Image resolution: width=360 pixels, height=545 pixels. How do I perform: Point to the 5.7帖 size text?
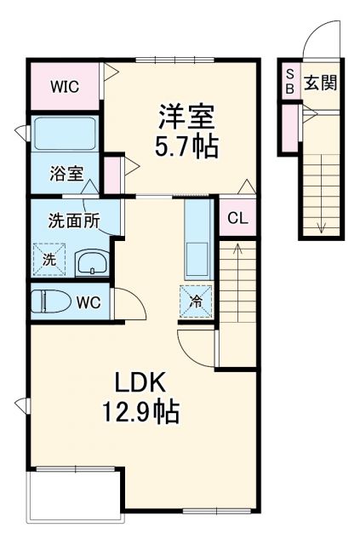click(186, 146)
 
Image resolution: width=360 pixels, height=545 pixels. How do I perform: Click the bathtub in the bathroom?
click(66, 134)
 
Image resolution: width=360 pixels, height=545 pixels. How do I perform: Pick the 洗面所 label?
click(73, 220)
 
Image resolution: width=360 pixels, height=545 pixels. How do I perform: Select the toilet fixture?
click(51, 301)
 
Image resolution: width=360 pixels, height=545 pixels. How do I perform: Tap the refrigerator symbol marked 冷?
click(196, 299)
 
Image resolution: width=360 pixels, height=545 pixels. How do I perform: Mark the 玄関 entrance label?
click(322, 83)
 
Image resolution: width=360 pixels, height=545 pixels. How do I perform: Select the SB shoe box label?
click(289, 82)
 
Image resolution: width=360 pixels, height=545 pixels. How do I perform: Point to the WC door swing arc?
click(127, 301)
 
